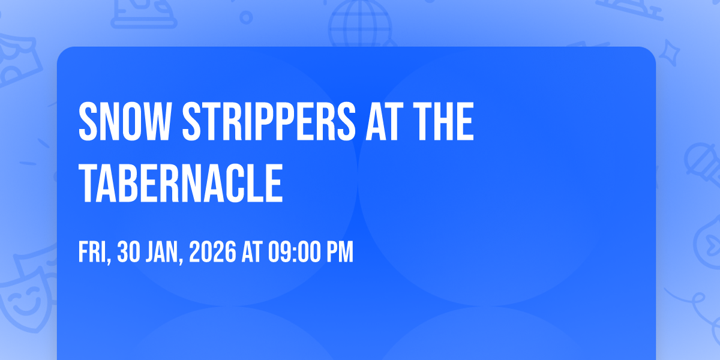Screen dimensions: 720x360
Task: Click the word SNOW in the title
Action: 124,121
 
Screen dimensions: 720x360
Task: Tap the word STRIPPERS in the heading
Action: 269,121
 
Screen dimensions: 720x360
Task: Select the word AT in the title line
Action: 385,121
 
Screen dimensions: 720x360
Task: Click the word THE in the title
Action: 443,121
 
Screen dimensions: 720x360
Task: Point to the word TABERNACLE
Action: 181,183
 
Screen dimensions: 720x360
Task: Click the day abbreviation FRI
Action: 93,253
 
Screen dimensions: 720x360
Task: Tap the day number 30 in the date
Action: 128,251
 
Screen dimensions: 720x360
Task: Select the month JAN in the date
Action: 164,253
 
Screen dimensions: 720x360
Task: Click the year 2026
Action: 212,251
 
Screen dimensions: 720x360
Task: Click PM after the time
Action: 340,251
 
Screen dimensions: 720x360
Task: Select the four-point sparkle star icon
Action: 669,53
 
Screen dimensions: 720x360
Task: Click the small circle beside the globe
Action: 246,17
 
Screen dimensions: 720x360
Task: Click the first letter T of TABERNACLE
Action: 88,183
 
